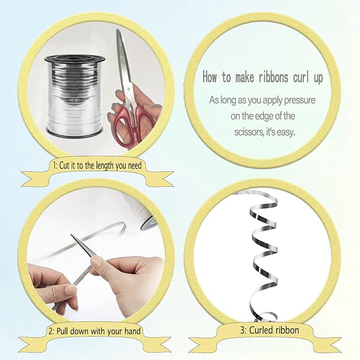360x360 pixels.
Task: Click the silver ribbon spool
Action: point(75,96)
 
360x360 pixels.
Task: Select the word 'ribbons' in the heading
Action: point(273,77)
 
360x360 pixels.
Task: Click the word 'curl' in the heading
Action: point(302,77)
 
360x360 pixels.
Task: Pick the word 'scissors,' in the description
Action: point(249,132)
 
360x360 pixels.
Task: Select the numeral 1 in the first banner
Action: point(55,165)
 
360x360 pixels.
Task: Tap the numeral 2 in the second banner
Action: point(51,331)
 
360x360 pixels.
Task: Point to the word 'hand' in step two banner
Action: point(133,331)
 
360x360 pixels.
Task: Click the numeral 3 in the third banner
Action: point(243,331)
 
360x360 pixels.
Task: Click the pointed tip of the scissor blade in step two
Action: point(71,234)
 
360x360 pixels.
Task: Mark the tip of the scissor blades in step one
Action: point(117,30)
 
